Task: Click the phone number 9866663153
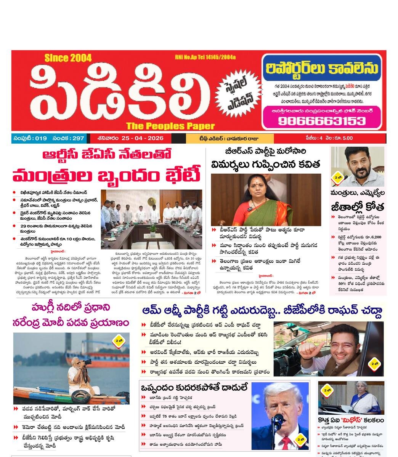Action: [321, 121]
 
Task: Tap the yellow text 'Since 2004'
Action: [68, 58]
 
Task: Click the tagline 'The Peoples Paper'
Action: [170, 126]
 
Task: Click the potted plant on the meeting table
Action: [153, 229]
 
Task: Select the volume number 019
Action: [40, 138]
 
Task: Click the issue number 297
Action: [78, 138]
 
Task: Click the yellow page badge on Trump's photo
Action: [300, 439]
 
